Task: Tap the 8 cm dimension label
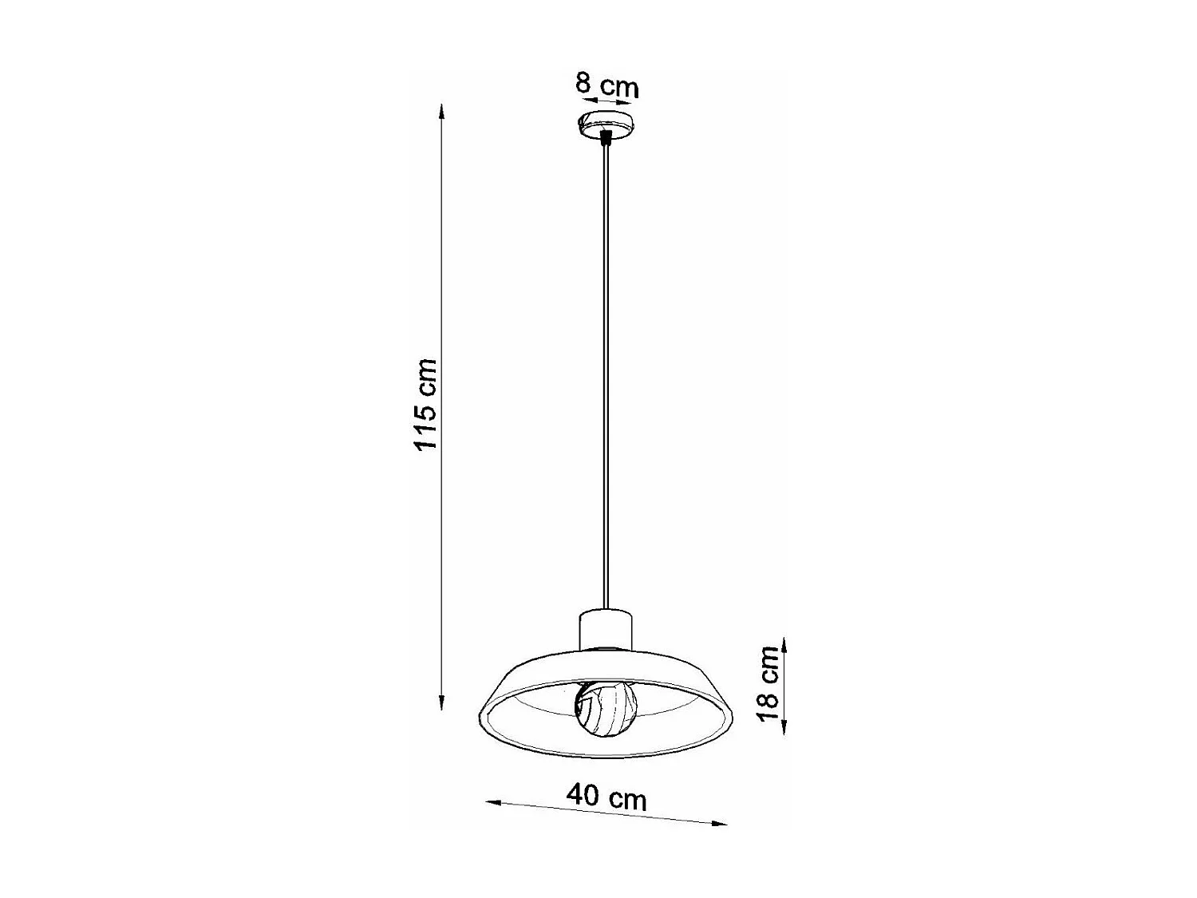pyautogui.click(x=607, y=84)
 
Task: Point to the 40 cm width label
pyautogui.click(x=606, y=797)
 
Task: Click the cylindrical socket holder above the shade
pyautogui.click(x=606, y=627)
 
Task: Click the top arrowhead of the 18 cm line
pyautogui.click(x=785, y=643)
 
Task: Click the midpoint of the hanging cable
pyautogui.click(x=606, y=375)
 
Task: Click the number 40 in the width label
pyautogui.click(x=582, y=795)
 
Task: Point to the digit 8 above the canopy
pyautogui.click(x=583, y=82)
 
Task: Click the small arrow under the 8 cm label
pyautogui.click(x=606, y=101)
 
